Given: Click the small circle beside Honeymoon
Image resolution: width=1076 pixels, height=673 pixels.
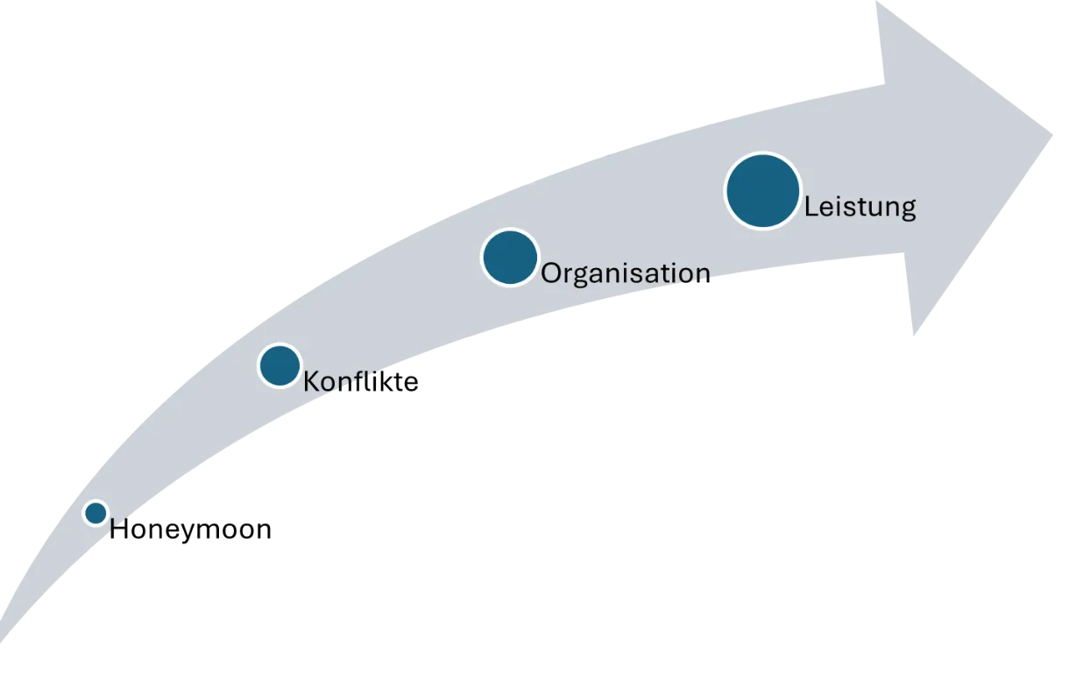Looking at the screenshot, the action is [x=96, y=513].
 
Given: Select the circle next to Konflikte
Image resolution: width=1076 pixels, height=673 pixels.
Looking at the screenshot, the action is [x=280, y=365].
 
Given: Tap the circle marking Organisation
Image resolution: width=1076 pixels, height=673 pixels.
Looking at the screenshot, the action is [x=510, y=258].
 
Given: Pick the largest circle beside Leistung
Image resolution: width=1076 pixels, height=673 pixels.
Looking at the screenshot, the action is [x=763, y=191].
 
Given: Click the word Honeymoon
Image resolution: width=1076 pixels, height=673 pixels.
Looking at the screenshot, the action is [x=191, y=530].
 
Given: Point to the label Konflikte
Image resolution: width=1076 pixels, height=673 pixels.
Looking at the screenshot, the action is [x=361, y=382].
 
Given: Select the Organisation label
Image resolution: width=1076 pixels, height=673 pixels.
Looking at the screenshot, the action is [x=626, y=273].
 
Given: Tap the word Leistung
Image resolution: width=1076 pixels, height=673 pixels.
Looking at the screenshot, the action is [x=860, y=208].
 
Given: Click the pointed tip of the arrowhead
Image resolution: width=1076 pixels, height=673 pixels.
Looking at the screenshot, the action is [x=1052, y=134].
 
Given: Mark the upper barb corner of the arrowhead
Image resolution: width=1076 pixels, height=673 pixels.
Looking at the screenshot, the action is [x=876, y=2].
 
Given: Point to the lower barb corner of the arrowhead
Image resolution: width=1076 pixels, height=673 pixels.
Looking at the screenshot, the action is [x=914, y=335].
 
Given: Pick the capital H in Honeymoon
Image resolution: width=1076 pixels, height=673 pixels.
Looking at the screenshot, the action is [x=118, y=529].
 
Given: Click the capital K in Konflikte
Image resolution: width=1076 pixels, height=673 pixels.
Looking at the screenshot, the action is [x=312, y=382].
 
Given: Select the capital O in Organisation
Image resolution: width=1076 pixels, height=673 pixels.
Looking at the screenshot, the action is [x=552, y=273].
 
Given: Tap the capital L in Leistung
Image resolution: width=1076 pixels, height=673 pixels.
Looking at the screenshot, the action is [x=812, y=207].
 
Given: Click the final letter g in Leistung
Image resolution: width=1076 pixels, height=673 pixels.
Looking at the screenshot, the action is [x=908, y=212].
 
